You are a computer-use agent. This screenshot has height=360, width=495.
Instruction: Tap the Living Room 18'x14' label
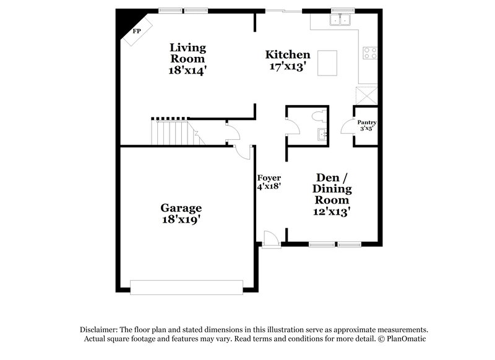[187, 59]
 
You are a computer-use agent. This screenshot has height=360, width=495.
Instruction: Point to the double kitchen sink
[340, 20]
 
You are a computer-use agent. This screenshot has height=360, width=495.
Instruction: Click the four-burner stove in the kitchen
[371, 53]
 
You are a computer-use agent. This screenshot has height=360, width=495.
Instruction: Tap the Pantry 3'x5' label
[366, 126]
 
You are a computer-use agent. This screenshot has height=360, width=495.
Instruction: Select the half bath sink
[321, 134]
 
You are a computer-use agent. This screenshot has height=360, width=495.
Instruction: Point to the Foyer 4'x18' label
[269, 182]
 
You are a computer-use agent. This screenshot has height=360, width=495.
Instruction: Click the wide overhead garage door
[186, 287]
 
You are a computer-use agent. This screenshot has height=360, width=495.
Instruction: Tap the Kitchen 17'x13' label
[288, 61]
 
